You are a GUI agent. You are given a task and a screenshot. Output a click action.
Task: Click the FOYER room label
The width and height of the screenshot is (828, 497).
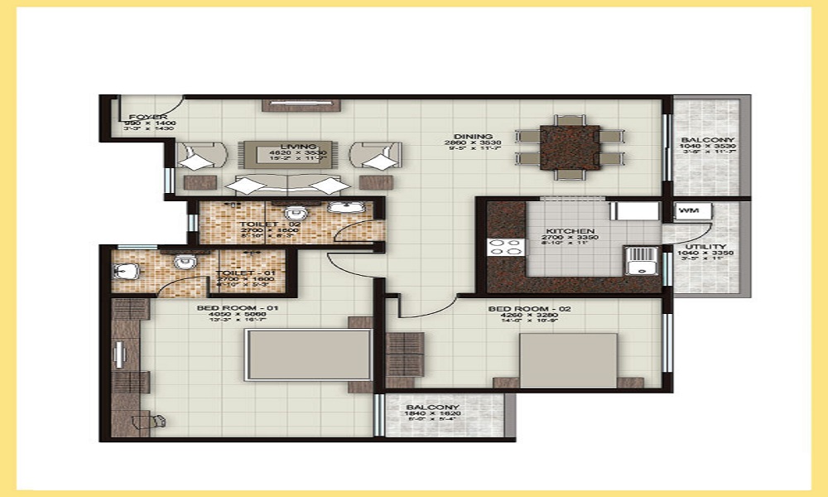coord(149,118)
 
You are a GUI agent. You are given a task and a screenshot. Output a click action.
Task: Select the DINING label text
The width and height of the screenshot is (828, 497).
coord(473,137)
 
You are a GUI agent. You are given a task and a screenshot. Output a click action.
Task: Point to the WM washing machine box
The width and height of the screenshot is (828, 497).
coord(688,212)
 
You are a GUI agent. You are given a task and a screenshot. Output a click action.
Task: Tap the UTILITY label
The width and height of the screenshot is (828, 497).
coord(706,247)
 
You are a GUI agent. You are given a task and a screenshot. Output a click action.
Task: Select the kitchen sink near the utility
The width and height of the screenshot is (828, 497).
coord(638,264)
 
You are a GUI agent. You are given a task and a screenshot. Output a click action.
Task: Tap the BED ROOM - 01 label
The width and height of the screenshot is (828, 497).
coord(222,309)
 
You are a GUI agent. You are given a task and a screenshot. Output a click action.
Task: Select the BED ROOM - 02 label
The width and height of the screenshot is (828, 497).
coord(518,309)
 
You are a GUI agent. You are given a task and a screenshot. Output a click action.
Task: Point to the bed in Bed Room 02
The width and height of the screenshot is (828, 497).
coord(568,359)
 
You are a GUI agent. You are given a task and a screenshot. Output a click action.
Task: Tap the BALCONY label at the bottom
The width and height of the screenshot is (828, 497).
coord(432,408)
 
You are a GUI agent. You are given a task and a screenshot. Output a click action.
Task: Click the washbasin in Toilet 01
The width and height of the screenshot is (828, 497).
coord(125,270)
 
